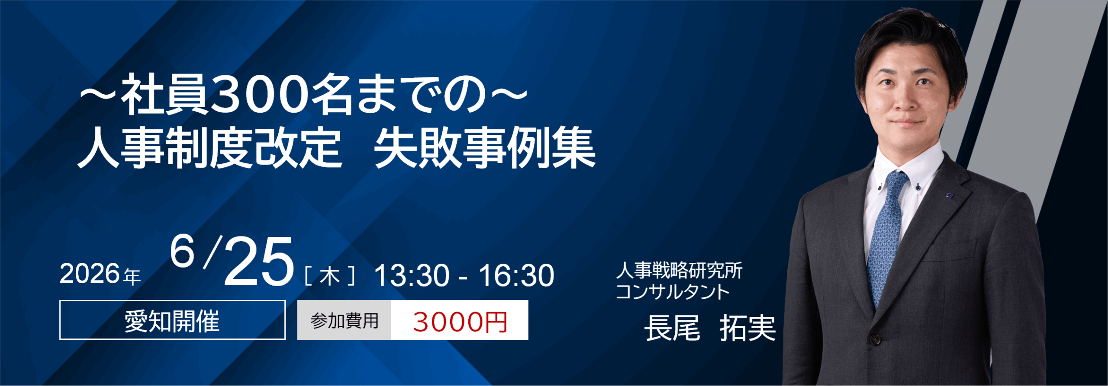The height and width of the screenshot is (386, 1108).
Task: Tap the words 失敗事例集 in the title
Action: point(485,149)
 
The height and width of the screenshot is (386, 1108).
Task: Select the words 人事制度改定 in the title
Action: point(210,149)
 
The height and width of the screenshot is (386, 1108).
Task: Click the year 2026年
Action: point(100,274)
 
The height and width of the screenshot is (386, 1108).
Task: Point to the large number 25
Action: point(259,263)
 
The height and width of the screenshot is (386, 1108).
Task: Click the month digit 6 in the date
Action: point(182,252)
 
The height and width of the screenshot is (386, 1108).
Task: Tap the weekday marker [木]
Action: point(330,276)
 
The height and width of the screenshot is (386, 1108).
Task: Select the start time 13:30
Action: point(412,276)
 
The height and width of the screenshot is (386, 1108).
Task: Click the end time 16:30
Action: point(516,276)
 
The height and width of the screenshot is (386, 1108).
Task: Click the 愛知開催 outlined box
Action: point(172,320)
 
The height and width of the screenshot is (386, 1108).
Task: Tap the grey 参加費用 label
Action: point(344,320)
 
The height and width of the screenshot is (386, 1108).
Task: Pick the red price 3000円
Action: point(460,321)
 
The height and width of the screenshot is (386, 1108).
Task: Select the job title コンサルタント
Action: point(673,292)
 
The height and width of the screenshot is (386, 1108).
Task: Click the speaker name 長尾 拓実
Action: point(710,329)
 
